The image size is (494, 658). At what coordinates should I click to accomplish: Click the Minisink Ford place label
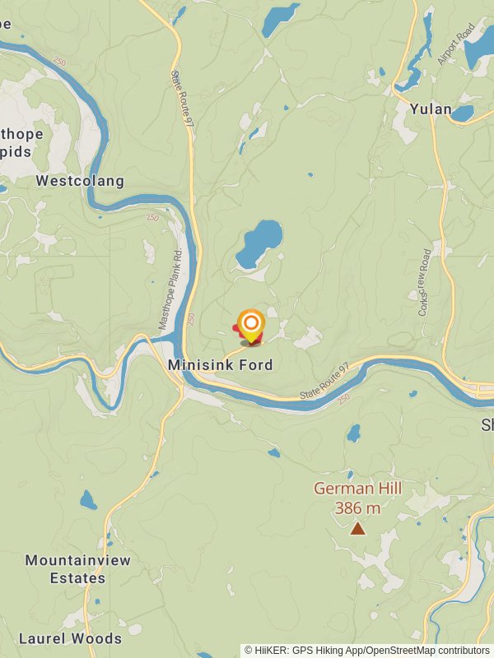tap(220, 364)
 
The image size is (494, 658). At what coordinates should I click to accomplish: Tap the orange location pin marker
tap(250, 324)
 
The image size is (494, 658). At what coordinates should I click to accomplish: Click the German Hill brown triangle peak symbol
tap(357, 529)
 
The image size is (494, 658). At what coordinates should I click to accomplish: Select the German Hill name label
tap(357, 489)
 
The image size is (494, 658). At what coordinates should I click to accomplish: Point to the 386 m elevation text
tap(357, 508)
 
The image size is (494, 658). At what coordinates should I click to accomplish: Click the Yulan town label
tap(431, 109)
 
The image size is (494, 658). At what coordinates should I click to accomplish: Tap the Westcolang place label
tap(80, 180)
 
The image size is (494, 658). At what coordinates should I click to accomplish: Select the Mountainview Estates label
tap(77, 569)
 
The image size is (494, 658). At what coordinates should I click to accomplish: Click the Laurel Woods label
tap(70, 638)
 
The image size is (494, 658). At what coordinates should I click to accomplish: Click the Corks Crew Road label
tap(425, 282)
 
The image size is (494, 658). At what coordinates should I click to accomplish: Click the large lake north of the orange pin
tap(259, 243)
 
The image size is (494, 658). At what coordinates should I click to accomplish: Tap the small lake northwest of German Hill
tap(353, 433)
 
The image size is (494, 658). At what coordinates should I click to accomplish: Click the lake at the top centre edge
tap(280, 19)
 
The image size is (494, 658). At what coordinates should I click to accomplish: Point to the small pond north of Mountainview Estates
tap(88, 499)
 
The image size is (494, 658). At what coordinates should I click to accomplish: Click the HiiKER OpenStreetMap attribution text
tap(367, 651)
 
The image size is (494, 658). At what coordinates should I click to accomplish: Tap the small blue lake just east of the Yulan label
tap(463, 113)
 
